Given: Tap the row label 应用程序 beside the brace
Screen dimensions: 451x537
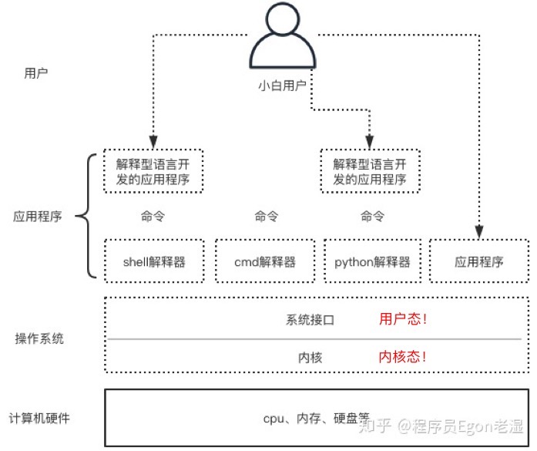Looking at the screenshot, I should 37,217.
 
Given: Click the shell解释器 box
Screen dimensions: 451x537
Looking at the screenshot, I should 154,261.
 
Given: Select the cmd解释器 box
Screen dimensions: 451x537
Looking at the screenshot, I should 265,261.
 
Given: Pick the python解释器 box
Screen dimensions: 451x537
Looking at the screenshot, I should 372,261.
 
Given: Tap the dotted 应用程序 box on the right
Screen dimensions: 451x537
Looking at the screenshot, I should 478,261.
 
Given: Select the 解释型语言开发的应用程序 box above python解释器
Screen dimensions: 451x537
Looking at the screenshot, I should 370,172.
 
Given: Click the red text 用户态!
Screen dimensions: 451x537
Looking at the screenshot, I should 403,319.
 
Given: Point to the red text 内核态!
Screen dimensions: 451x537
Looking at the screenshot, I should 403,357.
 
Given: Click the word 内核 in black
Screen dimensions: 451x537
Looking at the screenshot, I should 310,358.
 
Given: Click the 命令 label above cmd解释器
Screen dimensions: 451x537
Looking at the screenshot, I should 265,217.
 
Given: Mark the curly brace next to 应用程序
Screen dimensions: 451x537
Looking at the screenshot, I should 88,217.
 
